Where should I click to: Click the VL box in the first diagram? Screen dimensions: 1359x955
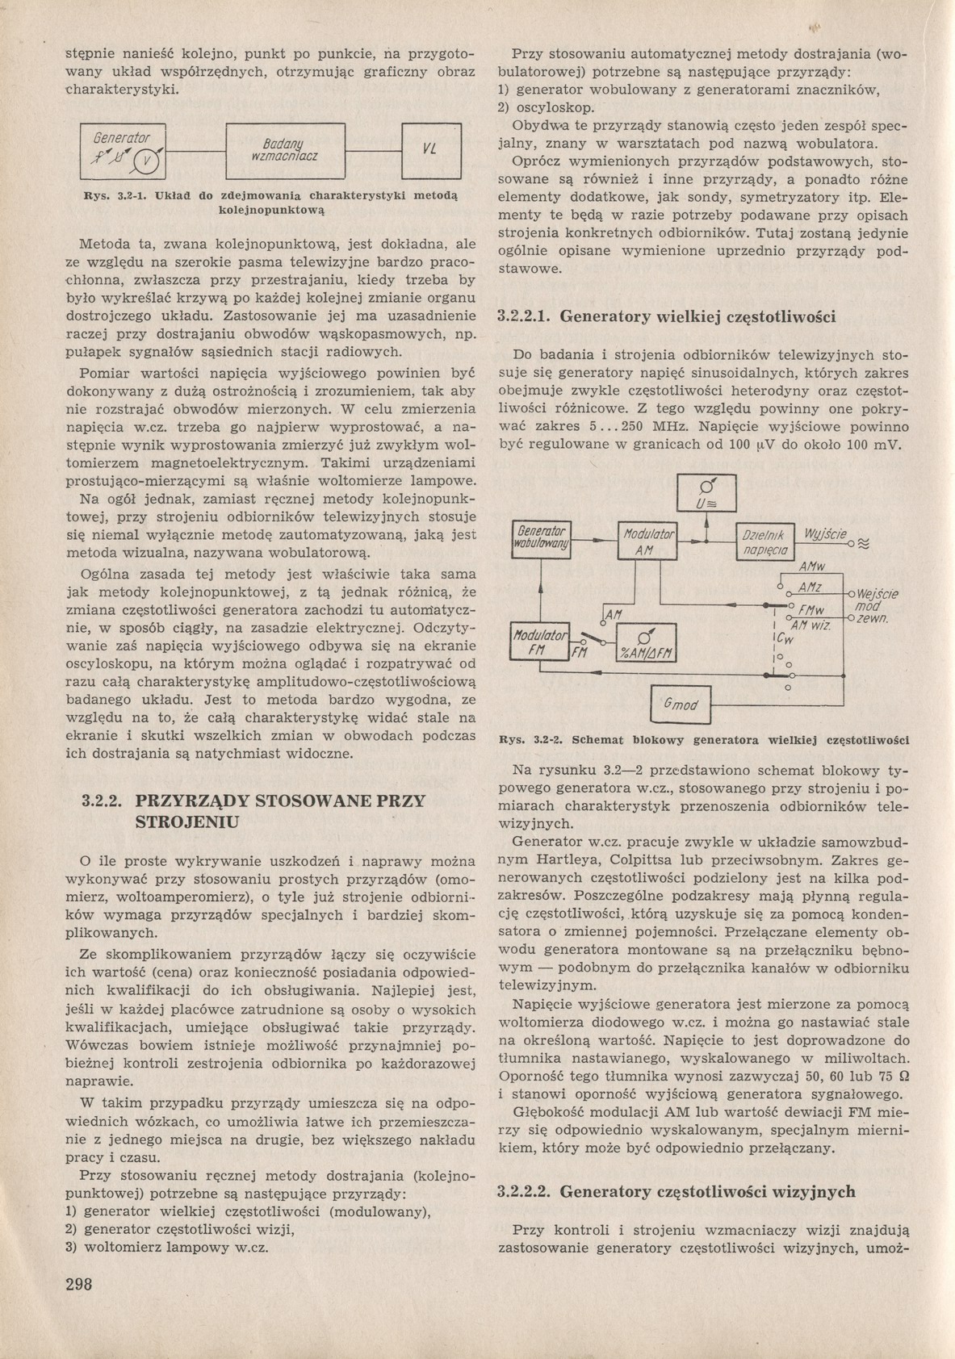click(431, 149)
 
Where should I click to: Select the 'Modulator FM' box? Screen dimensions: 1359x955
click(540, 642)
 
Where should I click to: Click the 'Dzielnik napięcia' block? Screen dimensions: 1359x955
click(765, 542)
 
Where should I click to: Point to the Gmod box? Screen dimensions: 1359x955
click(680, 705)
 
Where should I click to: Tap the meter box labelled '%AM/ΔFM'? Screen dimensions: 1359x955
click(646, 644)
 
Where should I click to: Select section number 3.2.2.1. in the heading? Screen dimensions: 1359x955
click(524, 316)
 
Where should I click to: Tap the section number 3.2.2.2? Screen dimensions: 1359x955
click(524, 1191)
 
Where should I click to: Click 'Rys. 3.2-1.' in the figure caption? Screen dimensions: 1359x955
click(116, 195)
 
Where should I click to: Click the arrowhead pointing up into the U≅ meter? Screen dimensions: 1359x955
click(706, 519)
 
